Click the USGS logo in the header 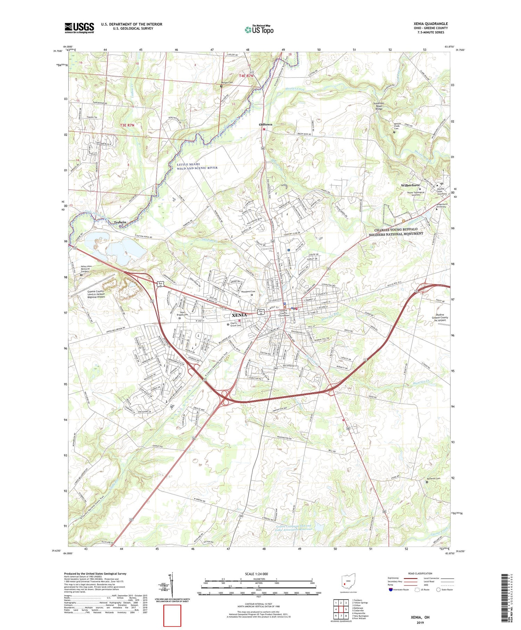click(x=79, y=28)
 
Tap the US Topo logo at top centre click(x=259, y=30)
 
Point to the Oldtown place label click(x=266, y=124)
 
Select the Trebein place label click(x=120, y=222)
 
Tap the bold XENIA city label click(x=239, y=315)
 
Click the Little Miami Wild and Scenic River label click(x=197, y=166)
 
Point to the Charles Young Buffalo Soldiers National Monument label click(x=396, y=232)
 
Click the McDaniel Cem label click(x=433, y=478)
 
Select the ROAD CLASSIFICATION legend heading click(x=420, y=573)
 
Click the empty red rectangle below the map click(x=172, y=614)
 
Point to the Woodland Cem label click(x=248, y=291)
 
